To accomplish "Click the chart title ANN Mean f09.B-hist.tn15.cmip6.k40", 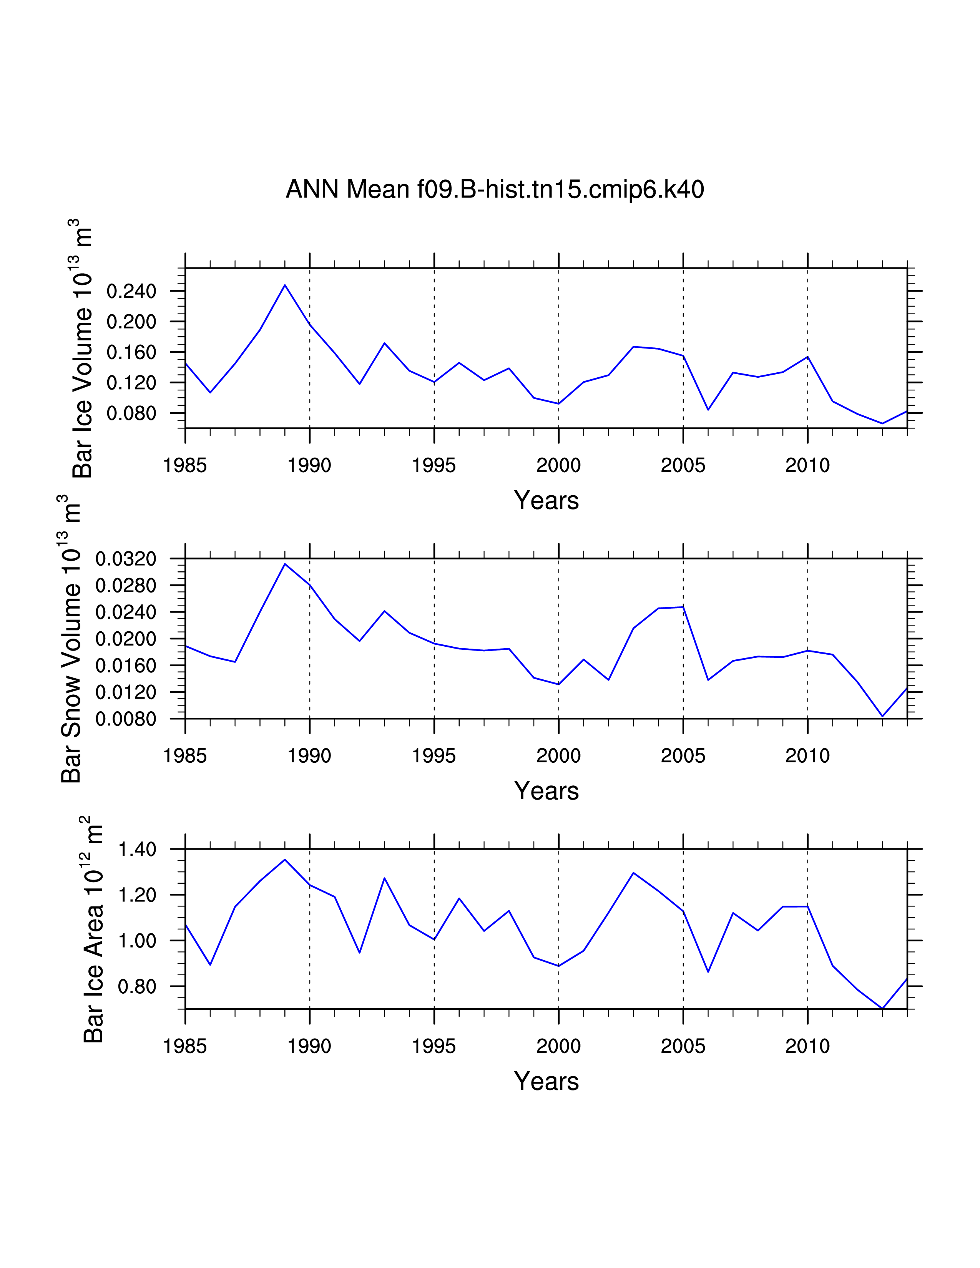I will pyautogui.click(x=495, y=190).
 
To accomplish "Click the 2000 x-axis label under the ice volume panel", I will pyautogui.click(x=558, y=466).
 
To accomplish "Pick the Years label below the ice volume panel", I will pyautogui.click(x=546, y=500).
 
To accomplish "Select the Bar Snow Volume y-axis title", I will pyautogui.click(x=70, y=639).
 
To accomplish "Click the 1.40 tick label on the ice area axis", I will pyautogui.click(x=137, y=850).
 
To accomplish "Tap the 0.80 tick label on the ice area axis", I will pyautogui.click(x=137, y=986).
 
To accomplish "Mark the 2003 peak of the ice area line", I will pyautogui.click(x=633, y=873).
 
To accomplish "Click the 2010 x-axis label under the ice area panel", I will pyautogui.click(x=807, y=1046).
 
